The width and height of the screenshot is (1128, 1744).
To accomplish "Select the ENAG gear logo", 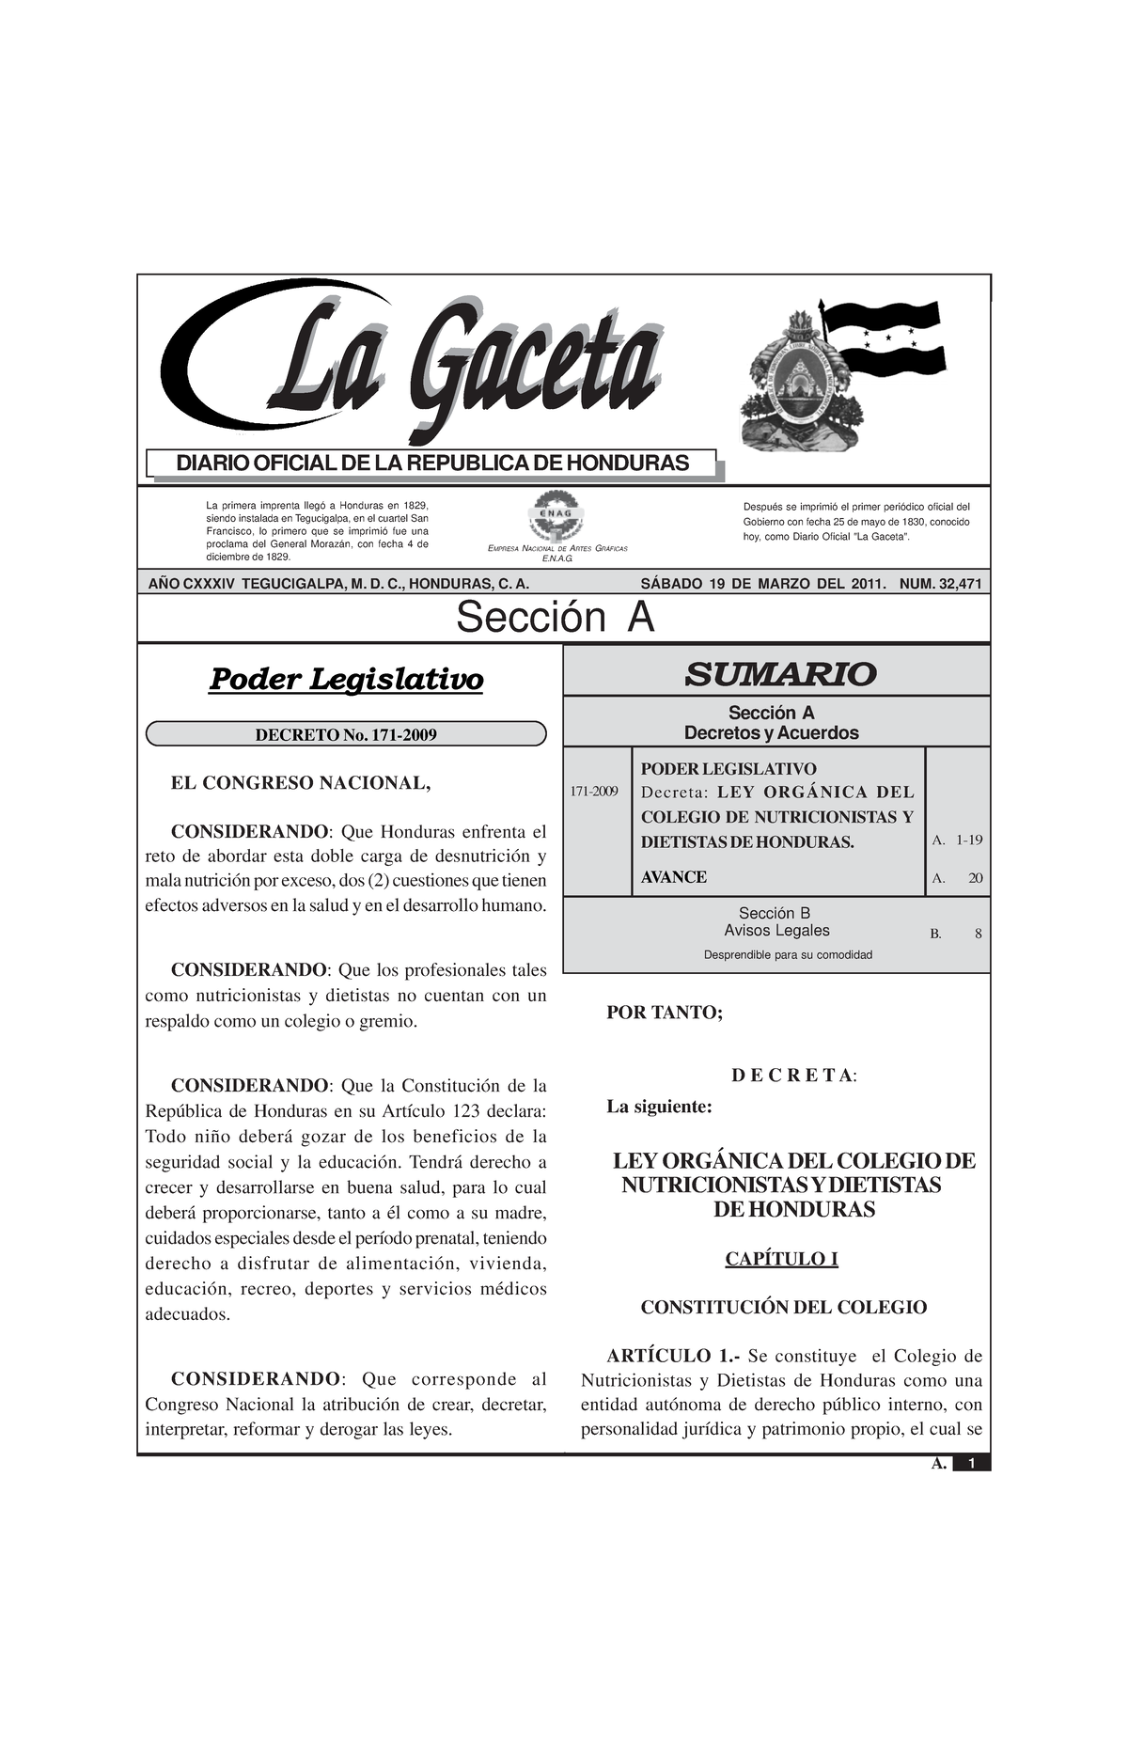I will tap(557, 516).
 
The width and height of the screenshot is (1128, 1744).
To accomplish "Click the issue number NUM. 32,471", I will tap(940, 584).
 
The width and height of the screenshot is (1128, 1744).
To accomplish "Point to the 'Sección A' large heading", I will tap(555, 618).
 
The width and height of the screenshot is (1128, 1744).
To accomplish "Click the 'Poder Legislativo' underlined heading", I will tap(345, 679).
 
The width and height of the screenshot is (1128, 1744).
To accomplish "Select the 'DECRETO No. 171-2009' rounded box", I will tap(346, 734).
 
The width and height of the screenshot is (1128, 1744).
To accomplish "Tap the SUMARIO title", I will tap(779, 673).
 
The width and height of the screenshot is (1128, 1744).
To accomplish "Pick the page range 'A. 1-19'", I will tap(957, 840).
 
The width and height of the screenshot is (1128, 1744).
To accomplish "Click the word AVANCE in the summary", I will tap(673, 877).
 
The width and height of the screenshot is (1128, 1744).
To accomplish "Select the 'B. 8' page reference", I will tap(956, 935).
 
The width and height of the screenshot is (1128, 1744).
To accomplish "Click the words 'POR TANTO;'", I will tap(665, 1013).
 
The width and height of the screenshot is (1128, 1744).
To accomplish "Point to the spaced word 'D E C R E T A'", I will tap(791, 1076).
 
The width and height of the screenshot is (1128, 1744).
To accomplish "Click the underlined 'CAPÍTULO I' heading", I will tap(781, 1259).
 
